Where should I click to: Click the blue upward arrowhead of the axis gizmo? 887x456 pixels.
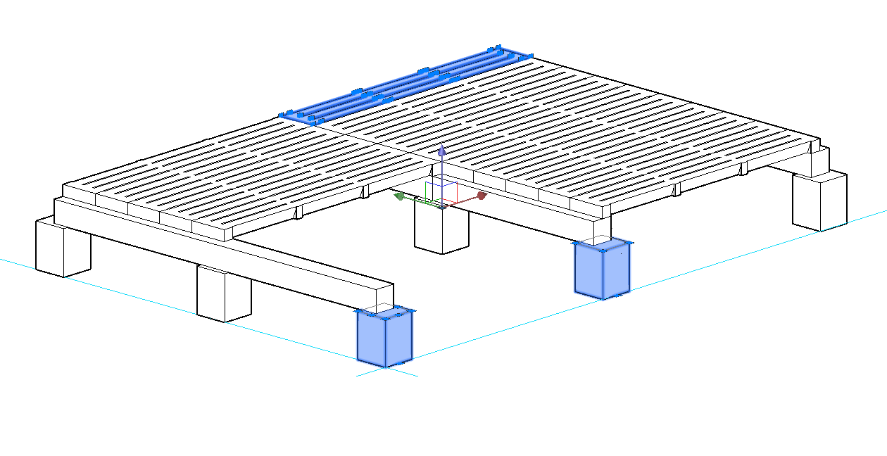point(441,151)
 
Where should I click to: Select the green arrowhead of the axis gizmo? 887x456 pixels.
point(399,197)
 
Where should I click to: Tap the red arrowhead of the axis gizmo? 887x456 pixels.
point(482,195)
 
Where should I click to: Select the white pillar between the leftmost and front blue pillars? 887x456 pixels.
point(224,293)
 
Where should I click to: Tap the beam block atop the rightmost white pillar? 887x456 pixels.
point(819,162)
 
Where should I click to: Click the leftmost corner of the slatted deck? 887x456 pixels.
point(63,185)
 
